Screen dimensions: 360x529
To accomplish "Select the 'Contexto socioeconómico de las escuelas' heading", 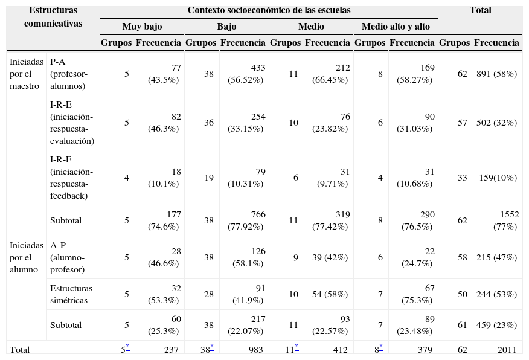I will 269,11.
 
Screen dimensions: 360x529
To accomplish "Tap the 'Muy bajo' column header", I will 142,27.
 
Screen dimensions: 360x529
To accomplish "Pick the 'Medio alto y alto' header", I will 396,27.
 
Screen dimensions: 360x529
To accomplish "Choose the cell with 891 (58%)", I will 496,74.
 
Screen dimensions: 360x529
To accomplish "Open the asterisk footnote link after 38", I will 212,347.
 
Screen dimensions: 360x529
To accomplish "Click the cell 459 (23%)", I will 496,325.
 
